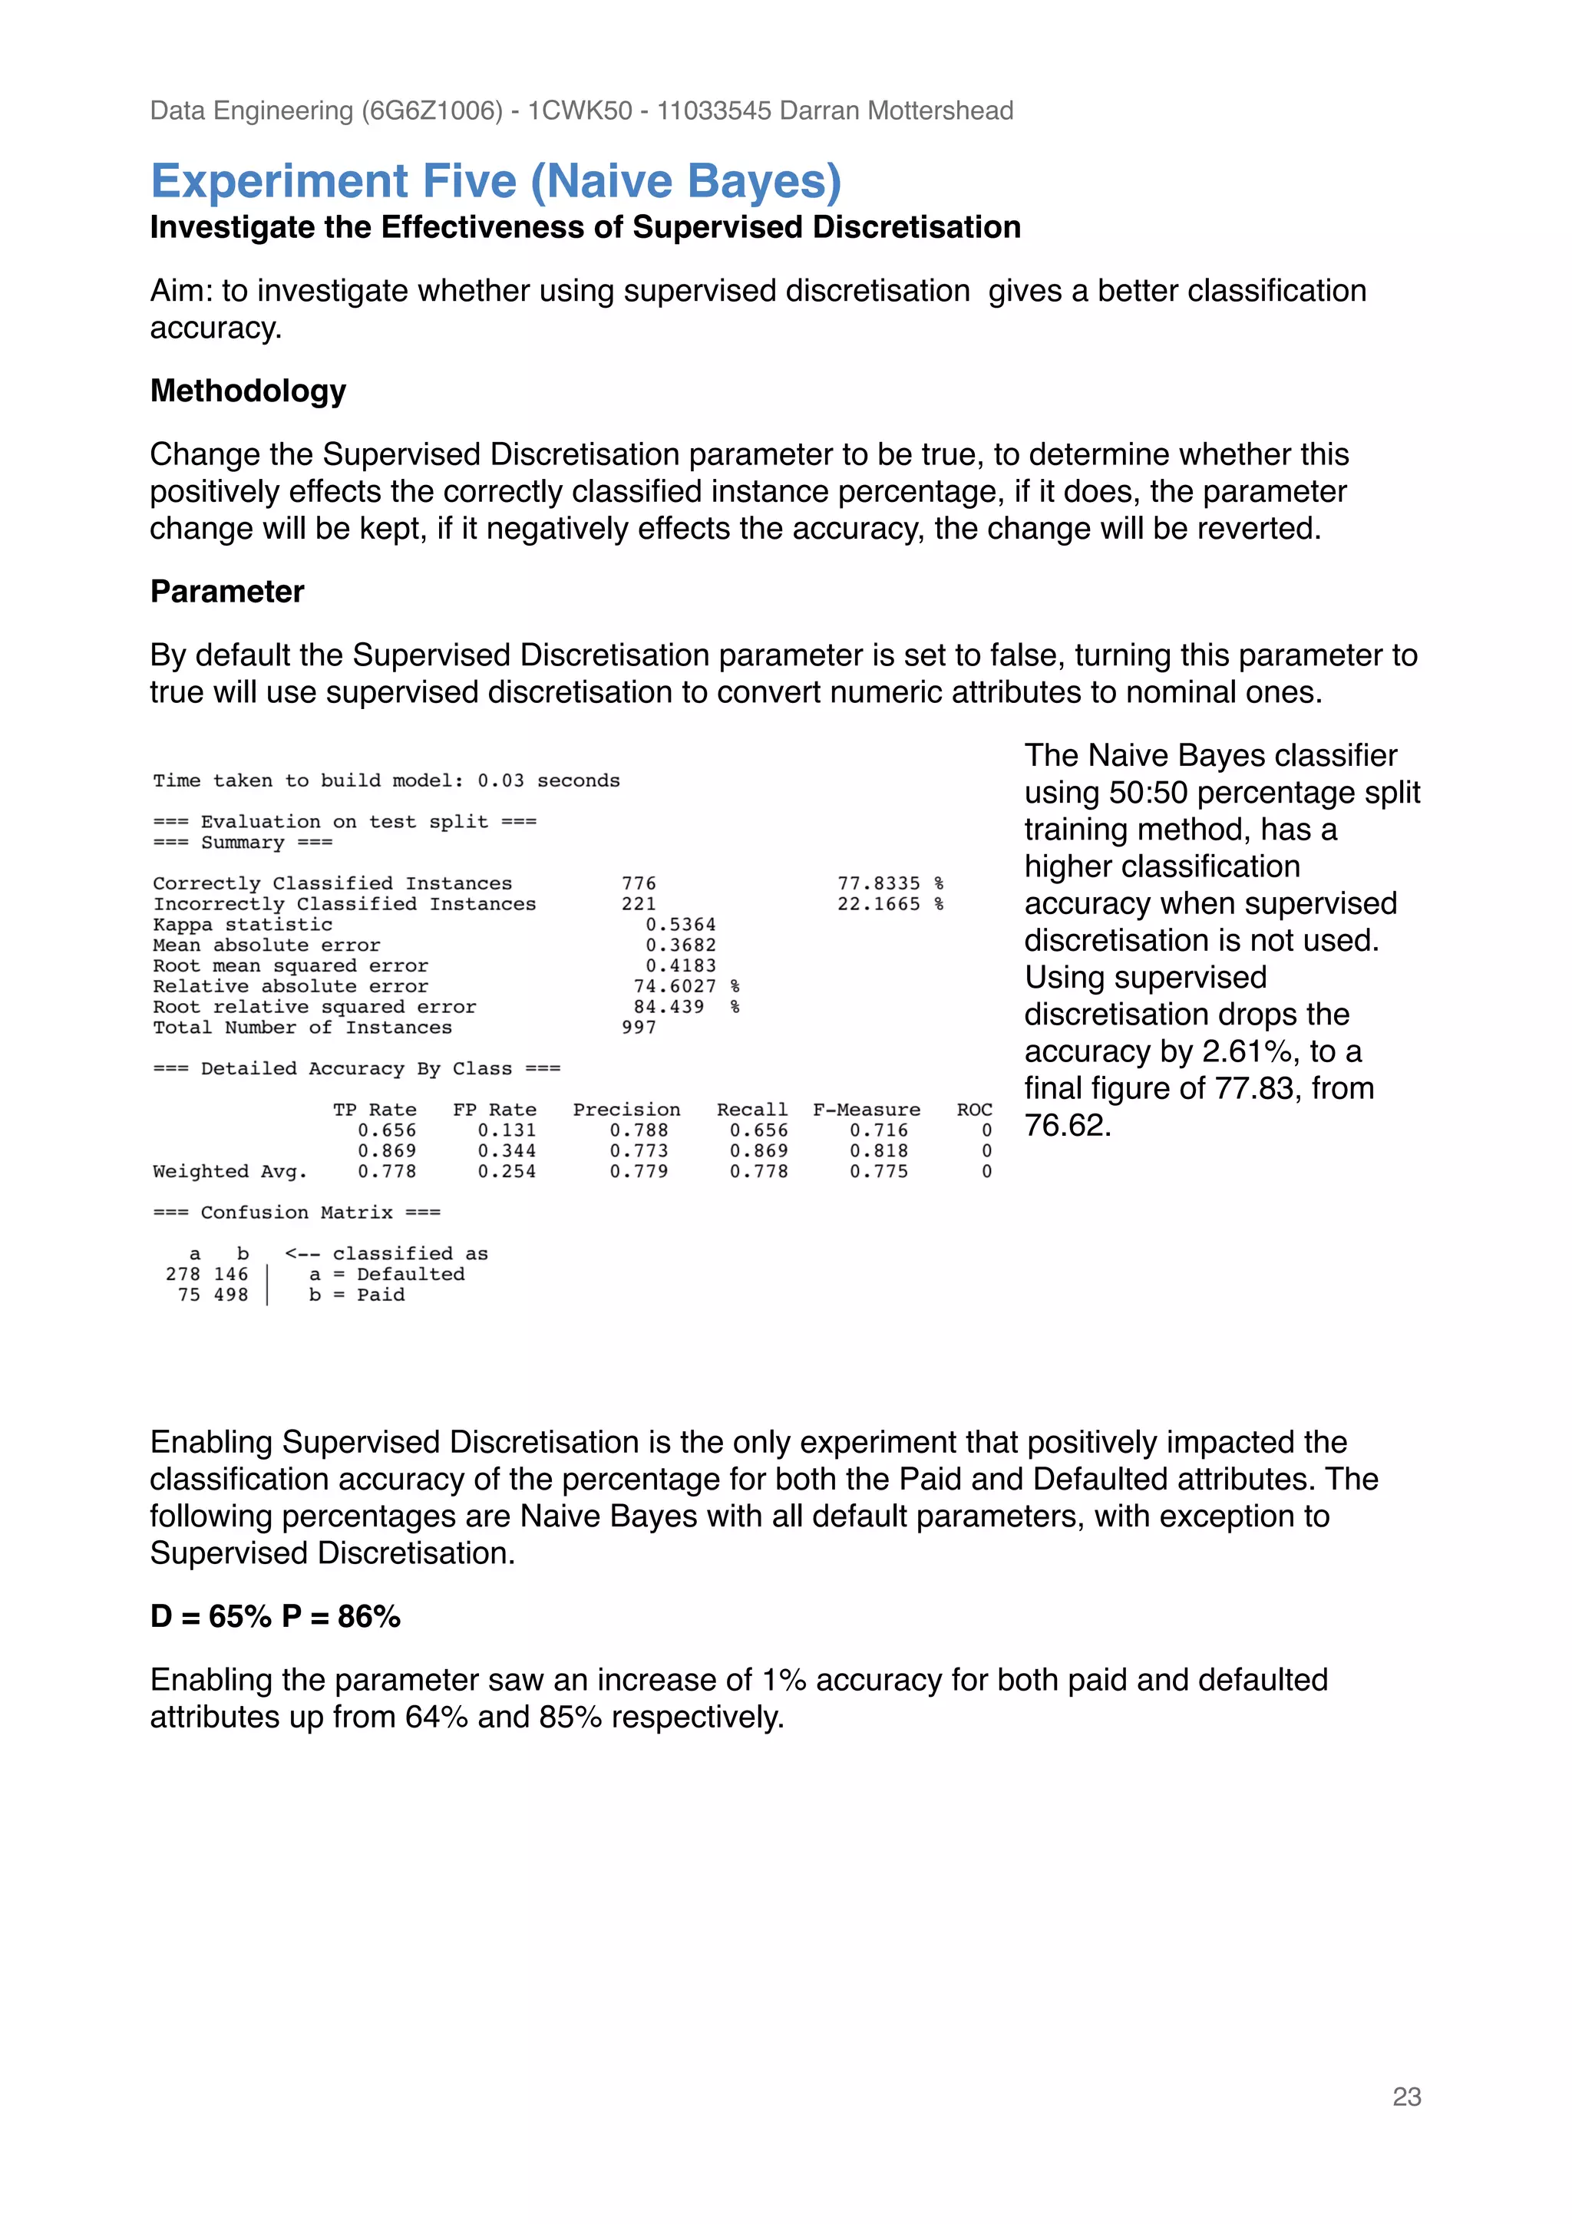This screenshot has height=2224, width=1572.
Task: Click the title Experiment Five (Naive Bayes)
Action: coord(496,181)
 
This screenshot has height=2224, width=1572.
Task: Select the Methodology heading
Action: coord(248,391)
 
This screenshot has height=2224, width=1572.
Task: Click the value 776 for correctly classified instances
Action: coord(639,883)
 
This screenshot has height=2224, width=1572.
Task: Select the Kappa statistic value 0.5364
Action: coord(680,924)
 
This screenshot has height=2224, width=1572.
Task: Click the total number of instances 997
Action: coord(639,1027)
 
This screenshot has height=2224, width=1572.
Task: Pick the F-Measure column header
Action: coord(866,1109)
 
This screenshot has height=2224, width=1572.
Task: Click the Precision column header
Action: coord(626,1109)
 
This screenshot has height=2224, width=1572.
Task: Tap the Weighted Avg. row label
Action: coord(230,1171)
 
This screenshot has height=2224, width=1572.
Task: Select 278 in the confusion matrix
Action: coord(182,1274)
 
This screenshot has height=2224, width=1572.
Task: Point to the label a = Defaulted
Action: coord(386,1274)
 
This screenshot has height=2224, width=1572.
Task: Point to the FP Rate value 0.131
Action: coord(506,1130)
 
